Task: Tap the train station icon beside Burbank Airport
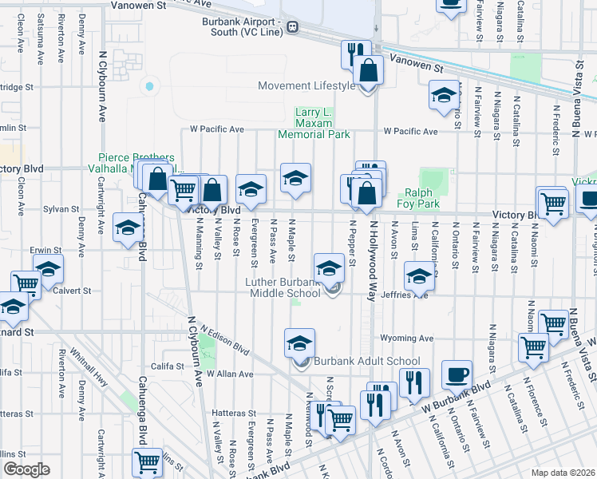[293, 27]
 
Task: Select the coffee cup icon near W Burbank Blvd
[457, 374]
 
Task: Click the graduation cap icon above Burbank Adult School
[300, 343]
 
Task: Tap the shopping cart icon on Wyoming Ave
[533, 347]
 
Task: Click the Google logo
[26, 469]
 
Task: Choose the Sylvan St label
[57, 208]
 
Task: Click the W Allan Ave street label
[230, 374]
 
